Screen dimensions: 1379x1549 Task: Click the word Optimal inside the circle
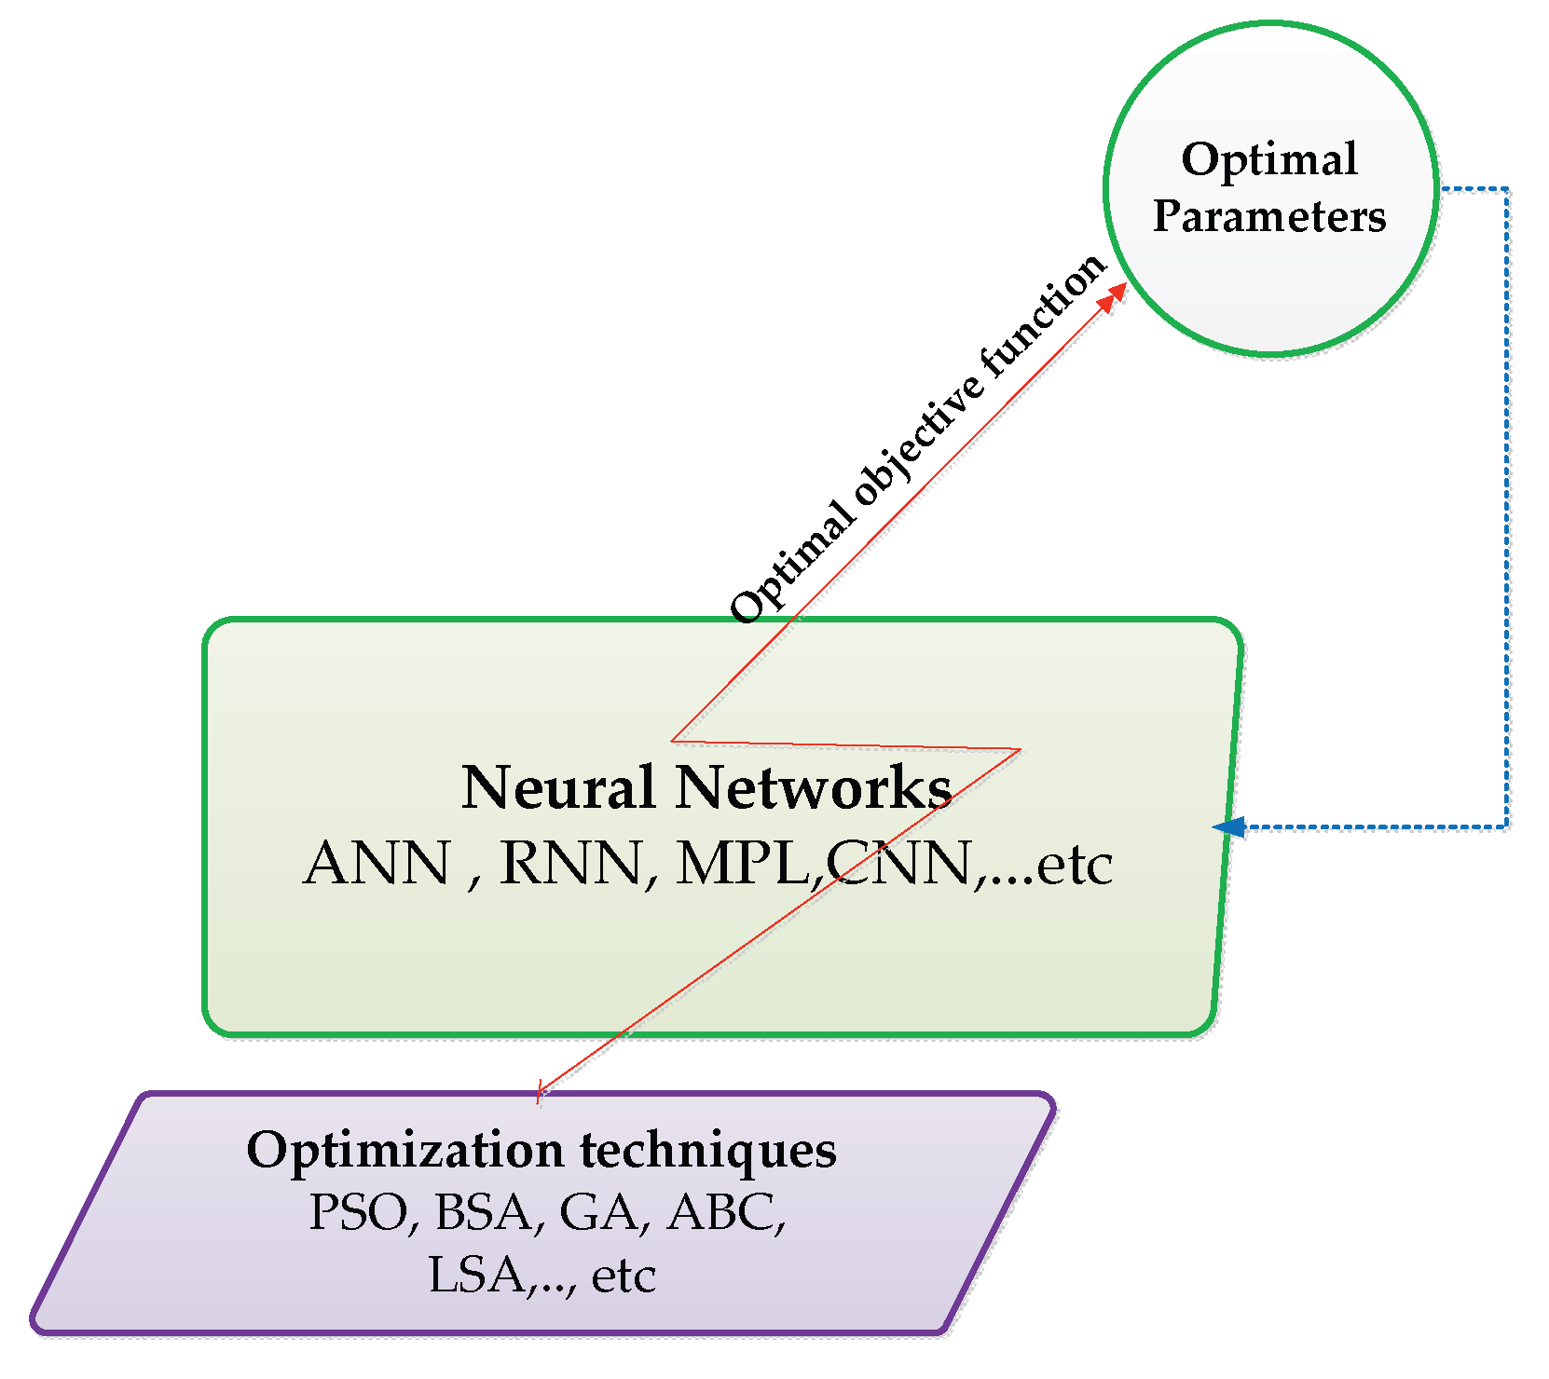click(1268, 160)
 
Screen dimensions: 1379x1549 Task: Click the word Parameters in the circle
click(1268, 216)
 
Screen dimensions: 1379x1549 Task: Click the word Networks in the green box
click(813, 788)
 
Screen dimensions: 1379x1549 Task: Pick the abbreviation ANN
click(377, 864)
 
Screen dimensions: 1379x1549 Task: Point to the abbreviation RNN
click(570, 864)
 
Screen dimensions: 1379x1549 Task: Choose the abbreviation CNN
click(900, 864)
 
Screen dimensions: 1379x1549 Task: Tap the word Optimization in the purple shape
click(404, 1151)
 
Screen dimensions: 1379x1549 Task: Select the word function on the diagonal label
click(1044, 317)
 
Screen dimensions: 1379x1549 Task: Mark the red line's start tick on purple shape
click(539, 1092)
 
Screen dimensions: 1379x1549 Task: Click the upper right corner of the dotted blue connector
click(1506, 190)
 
